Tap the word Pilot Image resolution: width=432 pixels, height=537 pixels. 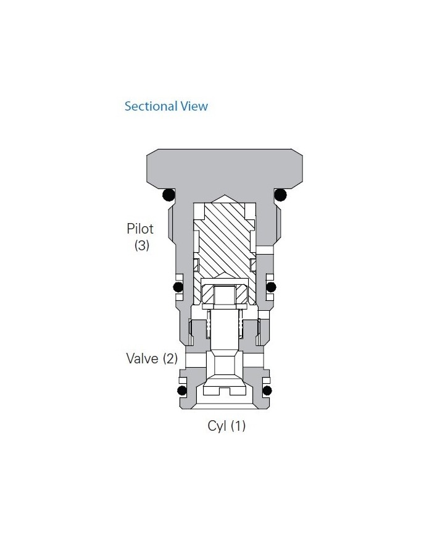tap(140, 229)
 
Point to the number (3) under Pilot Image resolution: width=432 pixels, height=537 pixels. tap(142, 245)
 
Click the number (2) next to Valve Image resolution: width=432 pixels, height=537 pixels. tap(170, 358)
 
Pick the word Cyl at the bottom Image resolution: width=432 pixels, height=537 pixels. tap(217, 426)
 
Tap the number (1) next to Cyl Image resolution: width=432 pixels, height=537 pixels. tap(238, 426)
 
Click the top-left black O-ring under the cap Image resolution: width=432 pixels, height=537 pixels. tap(167, 195)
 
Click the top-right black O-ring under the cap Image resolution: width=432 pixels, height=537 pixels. tap(281, 195)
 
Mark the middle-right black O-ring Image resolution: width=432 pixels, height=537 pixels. tap(270, 287)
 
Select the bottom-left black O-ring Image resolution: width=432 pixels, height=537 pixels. tap(181, 391)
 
